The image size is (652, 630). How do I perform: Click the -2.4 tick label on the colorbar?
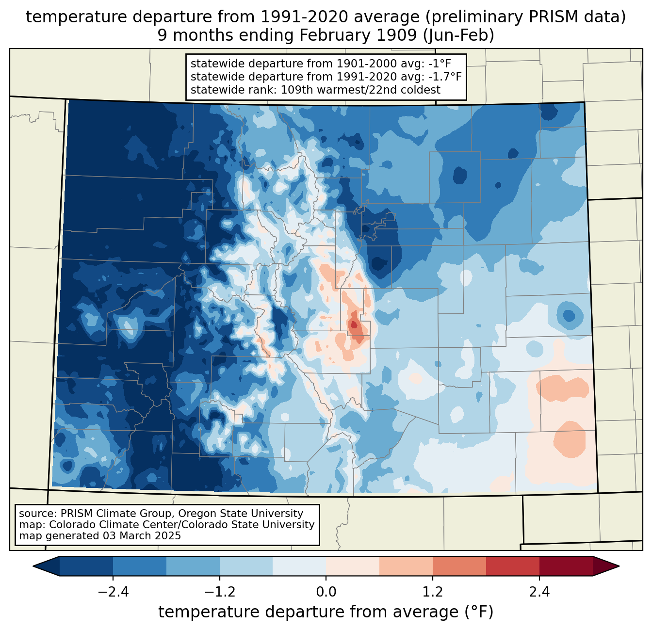coord(113,592)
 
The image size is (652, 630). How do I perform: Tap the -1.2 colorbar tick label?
coord(219,592)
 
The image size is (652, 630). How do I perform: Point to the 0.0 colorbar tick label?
coord(326,592)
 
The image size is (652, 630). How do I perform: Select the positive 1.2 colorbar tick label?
coord(433,592)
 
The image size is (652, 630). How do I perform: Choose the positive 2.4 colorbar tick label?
coord(539,592)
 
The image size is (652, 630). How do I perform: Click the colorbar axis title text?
coord(326,612)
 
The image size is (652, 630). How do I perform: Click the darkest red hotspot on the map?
coord(354,325)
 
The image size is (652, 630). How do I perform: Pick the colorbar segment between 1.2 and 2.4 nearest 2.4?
coord(512,566)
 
